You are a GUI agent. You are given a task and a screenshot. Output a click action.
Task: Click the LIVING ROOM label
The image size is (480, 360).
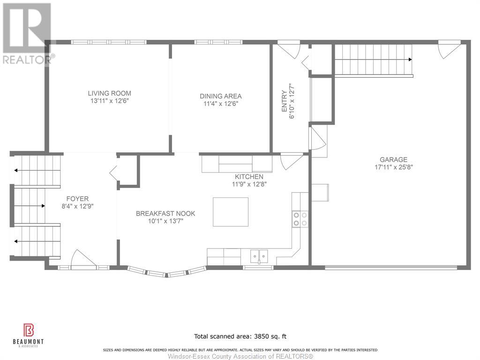(x=109, y=93)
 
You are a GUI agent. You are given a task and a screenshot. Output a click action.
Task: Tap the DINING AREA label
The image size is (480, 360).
(x=221, y=96)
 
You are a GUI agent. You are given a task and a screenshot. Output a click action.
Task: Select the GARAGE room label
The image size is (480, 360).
(x=393, y=159)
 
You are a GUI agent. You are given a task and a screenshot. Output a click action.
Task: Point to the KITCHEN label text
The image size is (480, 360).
(x=249, y=177)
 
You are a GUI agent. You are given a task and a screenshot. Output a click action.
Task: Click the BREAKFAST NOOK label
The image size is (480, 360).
(x=165, y=213)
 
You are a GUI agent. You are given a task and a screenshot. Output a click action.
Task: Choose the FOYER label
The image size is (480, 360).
(x=77, y=199)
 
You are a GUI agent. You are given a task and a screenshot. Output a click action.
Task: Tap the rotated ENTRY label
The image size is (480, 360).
(x=285, y=101)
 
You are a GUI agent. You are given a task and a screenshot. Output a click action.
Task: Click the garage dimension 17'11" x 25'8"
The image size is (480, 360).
(x=394, y=167)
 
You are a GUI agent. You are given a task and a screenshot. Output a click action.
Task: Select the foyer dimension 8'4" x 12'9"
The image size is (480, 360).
(x=77, y=206)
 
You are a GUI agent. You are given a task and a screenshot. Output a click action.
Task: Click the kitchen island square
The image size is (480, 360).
(x=231, y=212)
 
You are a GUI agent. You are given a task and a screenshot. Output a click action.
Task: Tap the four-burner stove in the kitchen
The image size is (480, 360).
(x=300, y=219)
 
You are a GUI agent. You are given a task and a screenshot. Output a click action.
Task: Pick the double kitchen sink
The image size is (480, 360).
(x=259, y=256)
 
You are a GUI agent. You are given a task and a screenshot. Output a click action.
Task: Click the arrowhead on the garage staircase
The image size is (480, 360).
(x=410, y=60)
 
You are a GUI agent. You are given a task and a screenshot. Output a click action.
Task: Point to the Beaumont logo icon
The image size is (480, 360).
(x=29, y=330)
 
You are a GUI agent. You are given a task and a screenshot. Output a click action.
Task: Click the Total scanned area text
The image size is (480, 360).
(x=240, y=336)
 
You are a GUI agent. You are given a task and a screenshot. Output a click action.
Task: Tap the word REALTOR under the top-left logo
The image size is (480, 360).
(x=27, y=60)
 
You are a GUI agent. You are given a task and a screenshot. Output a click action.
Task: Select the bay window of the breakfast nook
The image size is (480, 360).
(x=166, y=272)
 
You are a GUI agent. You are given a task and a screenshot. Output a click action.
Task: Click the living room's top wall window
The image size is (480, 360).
(x=109, y=42)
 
